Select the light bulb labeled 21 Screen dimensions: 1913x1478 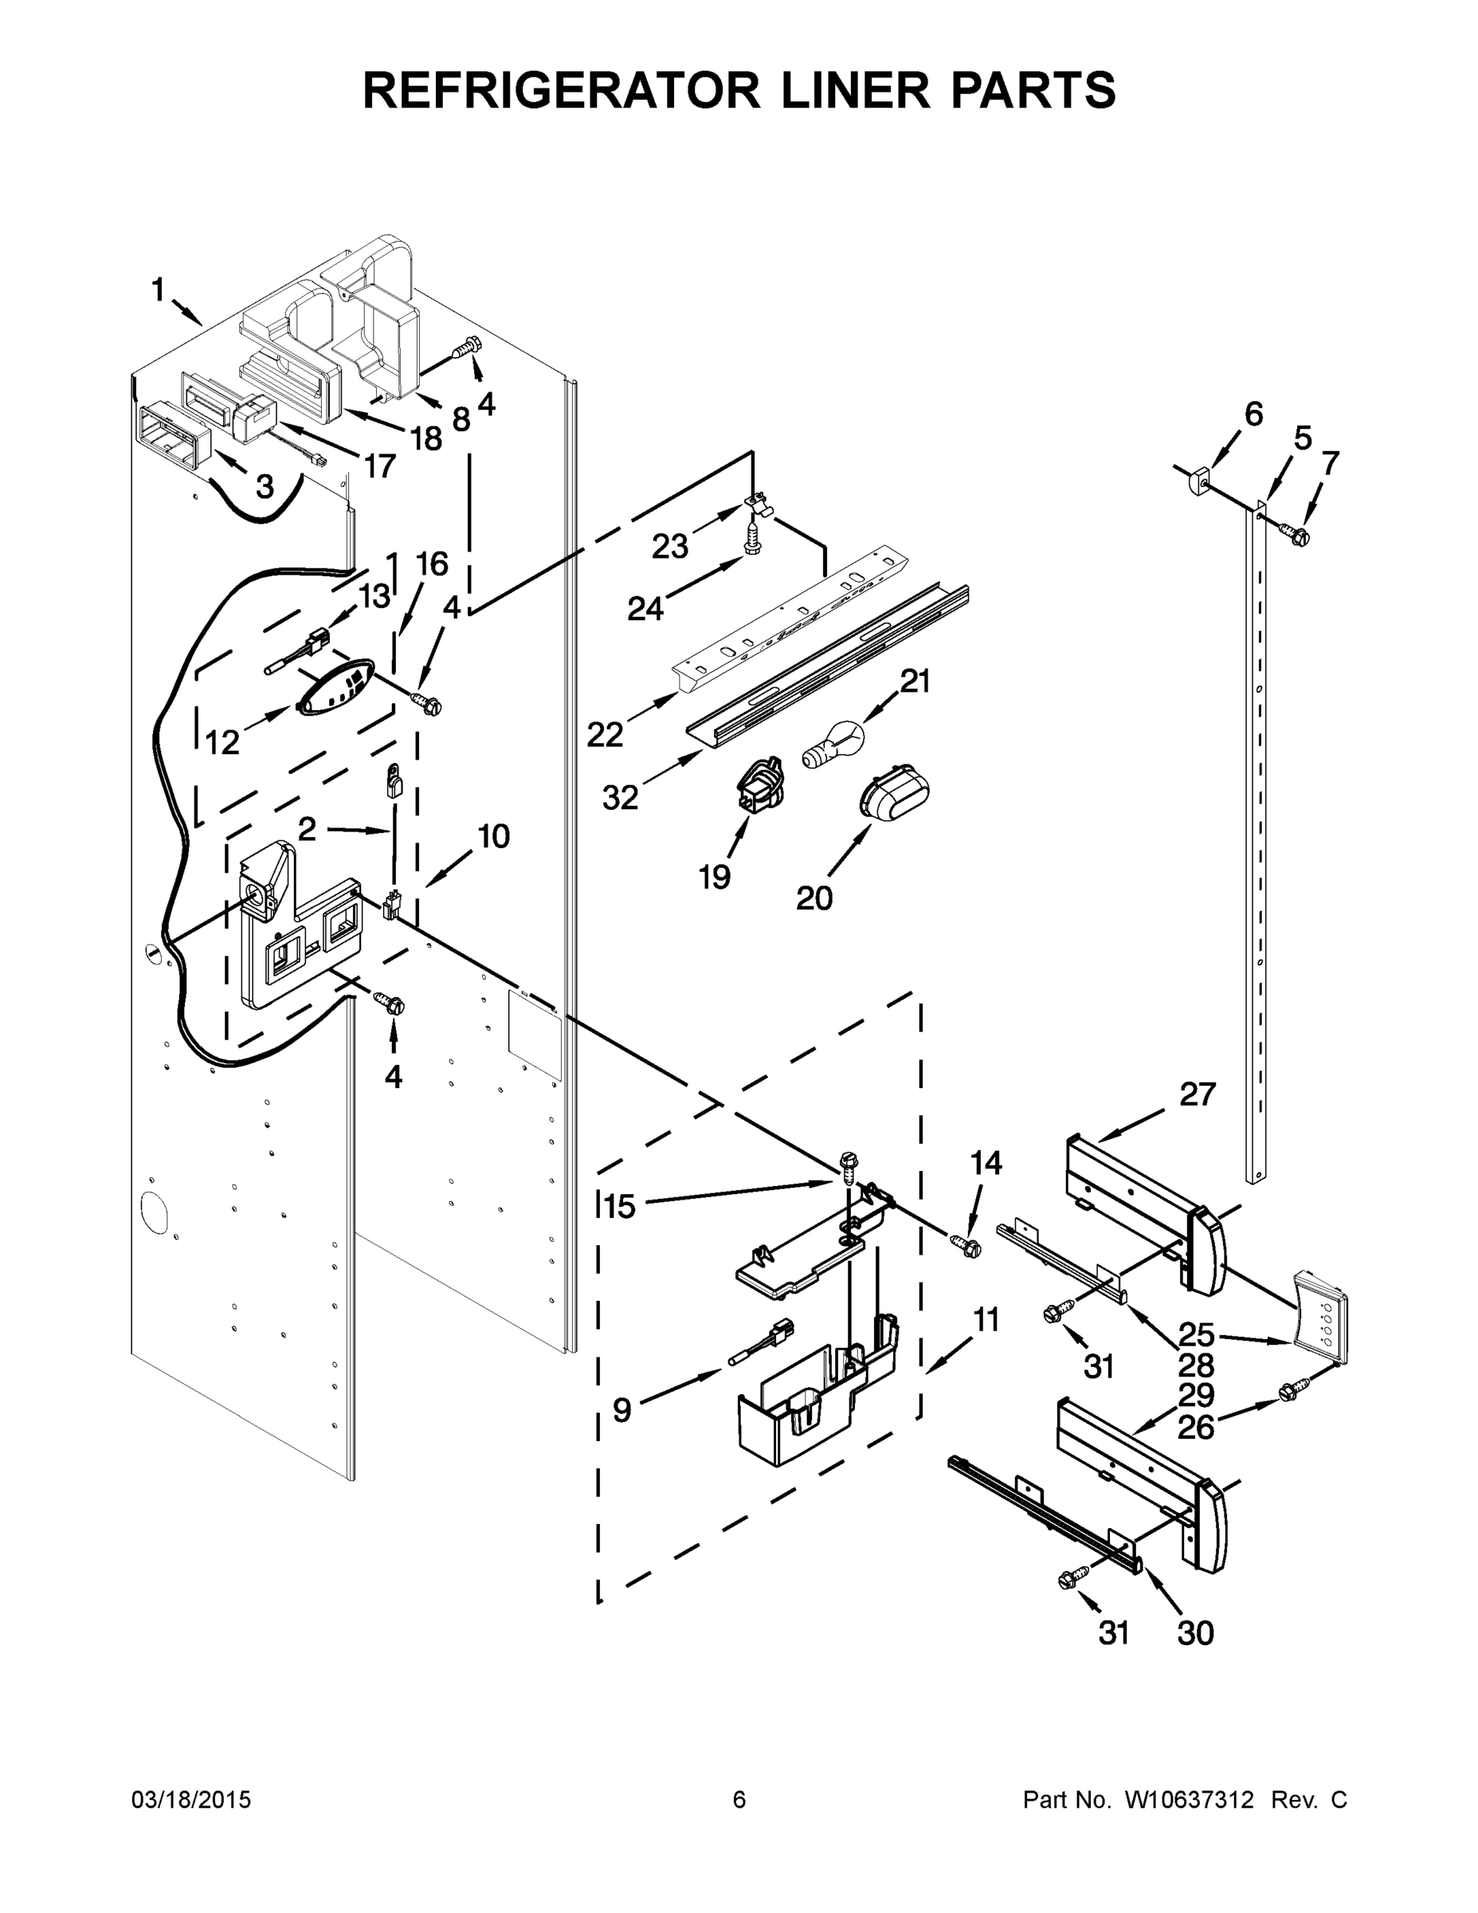(x=835, y=745)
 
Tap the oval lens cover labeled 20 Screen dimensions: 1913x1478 (x=892, y=793)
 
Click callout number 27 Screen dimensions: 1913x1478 (x=1197, y=1094)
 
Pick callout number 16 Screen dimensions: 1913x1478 (x=432, y=564)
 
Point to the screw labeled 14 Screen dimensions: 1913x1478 (x=966, y=1246)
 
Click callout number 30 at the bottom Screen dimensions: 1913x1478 (x=1194, y=1632)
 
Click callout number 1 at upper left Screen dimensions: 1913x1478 (x=158, y=289)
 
